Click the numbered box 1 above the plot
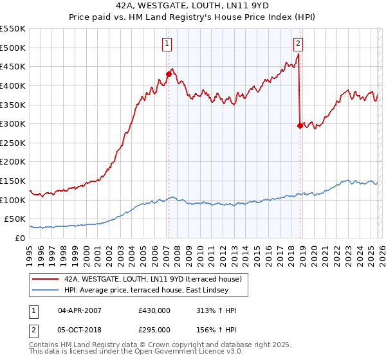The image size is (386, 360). point(167,44)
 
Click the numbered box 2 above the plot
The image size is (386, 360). point(299,44)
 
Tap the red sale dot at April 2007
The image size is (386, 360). point(169,74)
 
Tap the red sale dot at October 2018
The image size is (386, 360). point(300,125)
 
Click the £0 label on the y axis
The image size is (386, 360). point(21,238)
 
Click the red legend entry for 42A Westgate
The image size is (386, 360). point(152,279)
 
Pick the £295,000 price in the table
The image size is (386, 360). point(154,329)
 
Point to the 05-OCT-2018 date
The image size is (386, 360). point(80,329)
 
